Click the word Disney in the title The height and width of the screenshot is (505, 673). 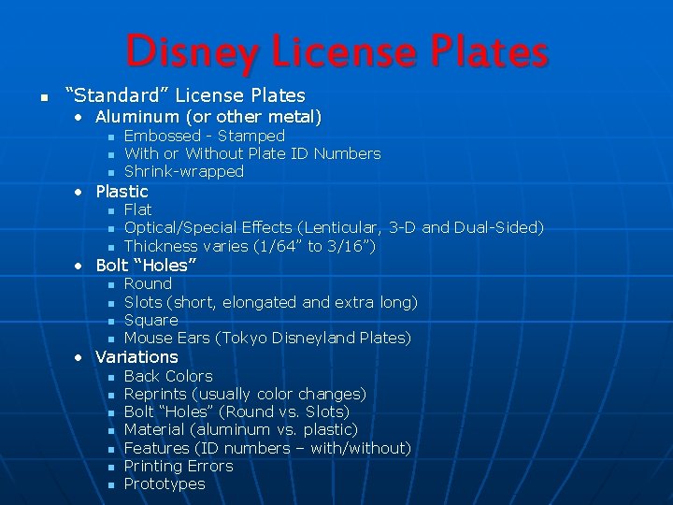[x=183, y=52]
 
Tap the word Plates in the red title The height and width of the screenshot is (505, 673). [x=484, y=52]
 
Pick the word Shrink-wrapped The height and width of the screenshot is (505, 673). [x=184, y=171]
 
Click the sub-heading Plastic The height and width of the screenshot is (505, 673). [x=122, y=191]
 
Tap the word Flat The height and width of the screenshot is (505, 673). [x=137, y=209]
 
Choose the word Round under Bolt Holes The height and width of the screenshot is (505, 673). [x=148, y=283]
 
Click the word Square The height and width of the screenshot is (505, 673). [x=151, y=320]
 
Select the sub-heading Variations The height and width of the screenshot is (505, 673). [x=136, y=356]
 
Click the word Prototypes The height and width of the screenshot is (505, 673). [x=165, y=483]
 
